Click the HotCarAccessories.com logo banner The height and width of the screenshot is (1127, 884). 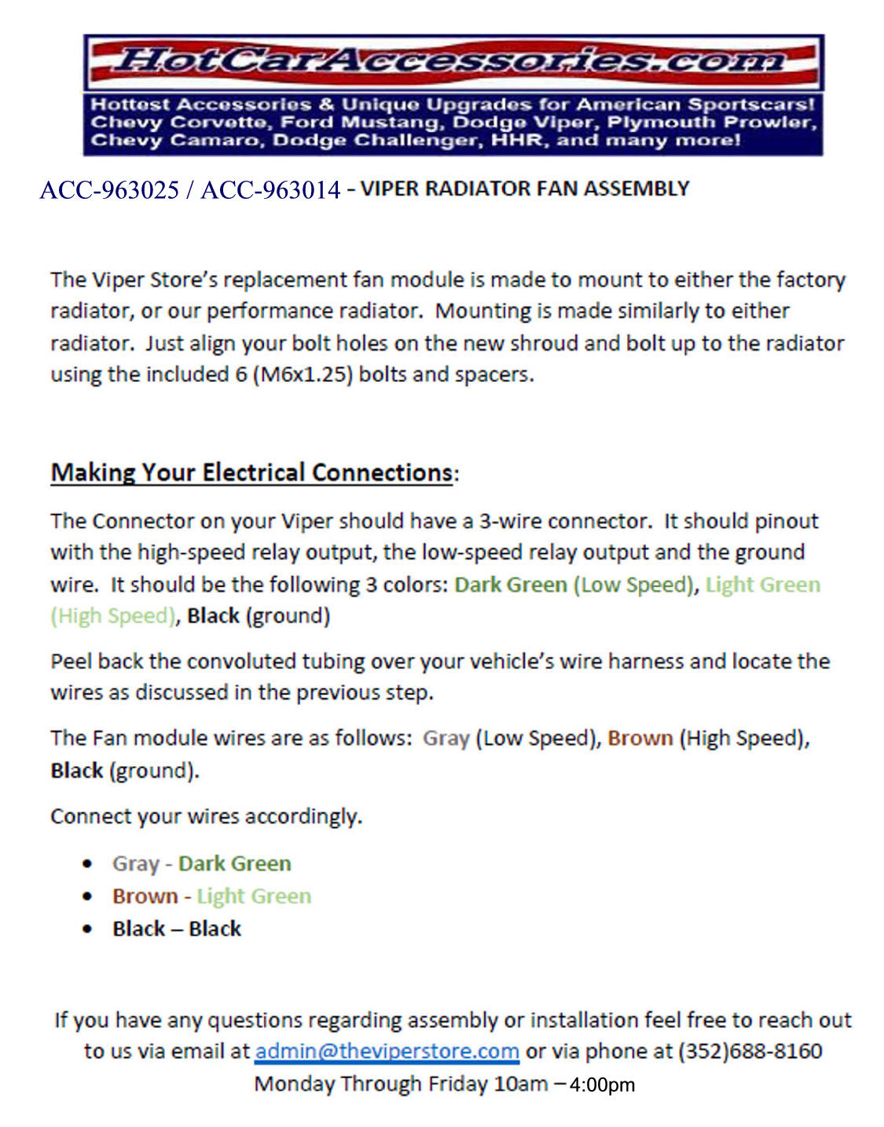(453, 61)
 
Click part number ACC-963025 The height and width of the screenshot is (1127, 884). (109, 190)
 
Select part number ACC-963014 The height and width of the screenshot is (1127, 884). (271, 190)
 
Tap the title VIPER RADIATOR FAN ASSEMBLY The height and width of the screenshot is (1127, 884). (524, 189)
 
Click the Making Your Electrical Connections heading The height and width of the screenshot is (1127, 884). (251, 472)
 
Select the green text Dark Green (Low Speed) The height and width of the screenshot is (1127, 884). (574, 585)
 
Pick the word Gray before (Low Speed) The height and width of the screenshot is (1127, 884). (446, 738)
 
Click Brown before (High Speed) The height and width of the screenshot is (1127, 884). (640, 738)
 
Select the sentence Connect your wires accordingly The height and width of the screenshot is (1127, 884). (206, 816)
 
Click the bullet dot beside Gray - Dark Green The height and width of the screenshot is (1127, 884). (87, 864)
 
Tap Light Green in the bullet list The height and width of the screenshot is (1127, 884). (254, 896)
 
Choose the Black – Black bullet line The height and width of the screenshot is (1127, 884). (177, 929)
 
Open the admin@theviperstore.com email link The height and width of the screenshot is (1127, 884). (387, 1052)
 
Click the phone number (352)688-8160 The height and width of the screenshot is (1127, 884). (750, 1052)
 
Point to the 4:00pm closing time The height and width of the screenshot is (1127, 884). (602, 1085)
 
